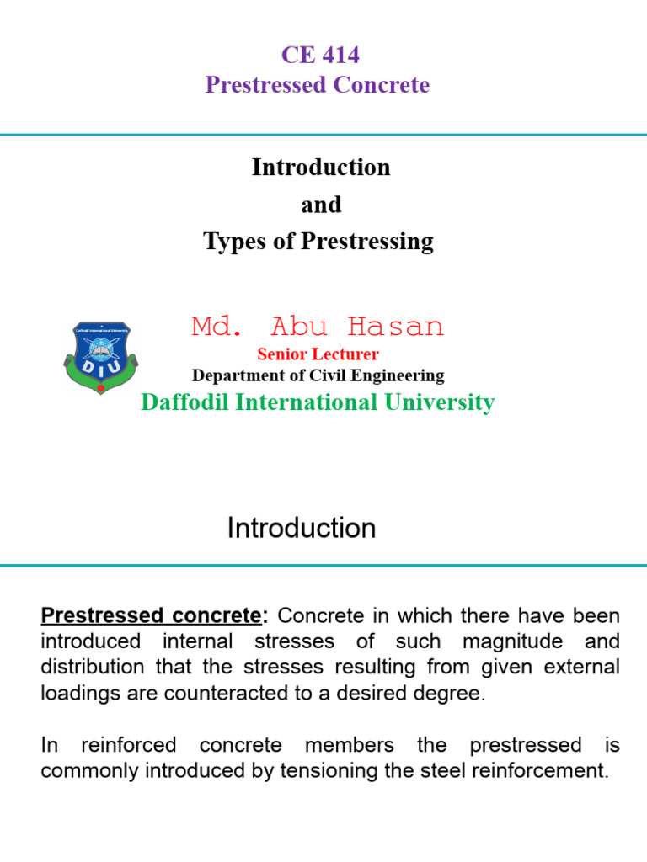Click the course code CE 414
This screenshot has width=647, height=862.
tap(320, 56)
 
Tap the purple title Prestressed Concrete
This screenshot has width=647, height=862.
tap(318, 85)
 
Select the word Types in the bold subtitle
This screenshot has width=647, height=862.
tap(231, 242)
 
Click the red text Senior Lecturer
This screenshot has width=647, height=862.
tap(318, 354)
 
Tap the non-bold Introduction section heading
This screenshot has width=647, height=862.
tap(302, 529)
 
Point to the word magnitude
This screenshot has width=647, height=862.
tap(512, 641)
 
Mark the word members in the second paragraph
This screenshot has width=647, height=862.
tap(348, 745)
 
